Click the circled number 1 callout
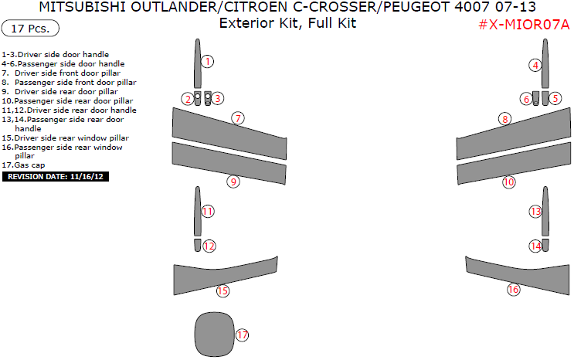(207, 61)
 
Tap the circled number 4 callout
(535, 65)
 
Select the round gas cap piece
(212, 332)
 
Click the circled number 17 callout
(243, 335)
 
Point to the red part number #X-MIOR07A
(524, 24)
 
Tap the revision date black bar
(56, 177)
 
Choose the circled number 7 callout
(238, 118)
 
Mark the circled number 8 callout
(504, 119)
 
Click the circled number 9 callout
(233, 182)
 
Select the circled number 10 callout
(508, 182)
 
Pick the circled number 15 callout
(222, 291)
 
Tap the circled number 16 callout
(513, 290)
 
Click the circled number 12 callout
(209, 246)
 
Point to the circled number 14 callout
(535, 246)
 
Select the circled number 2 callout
(187, 98)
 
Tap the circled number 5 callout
(555, 98)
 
